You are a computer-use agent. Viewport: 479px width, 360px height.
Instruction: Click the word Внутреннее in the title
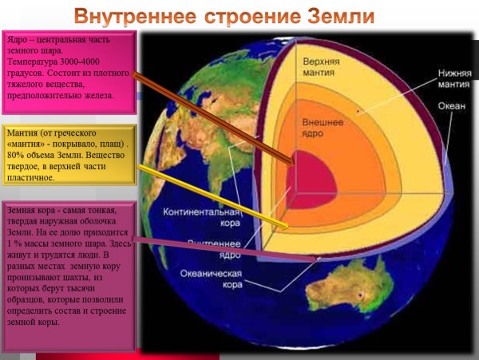pos(135,16)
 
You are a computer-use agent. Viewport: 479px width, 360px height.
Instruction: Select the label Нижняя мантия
pos(450,77)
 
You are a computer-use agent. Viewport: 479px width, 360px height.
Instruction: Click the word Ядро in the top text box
pos(18,39)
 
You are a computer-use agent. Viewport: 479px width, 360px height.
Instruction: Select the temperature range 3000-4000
pos(83,61)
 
